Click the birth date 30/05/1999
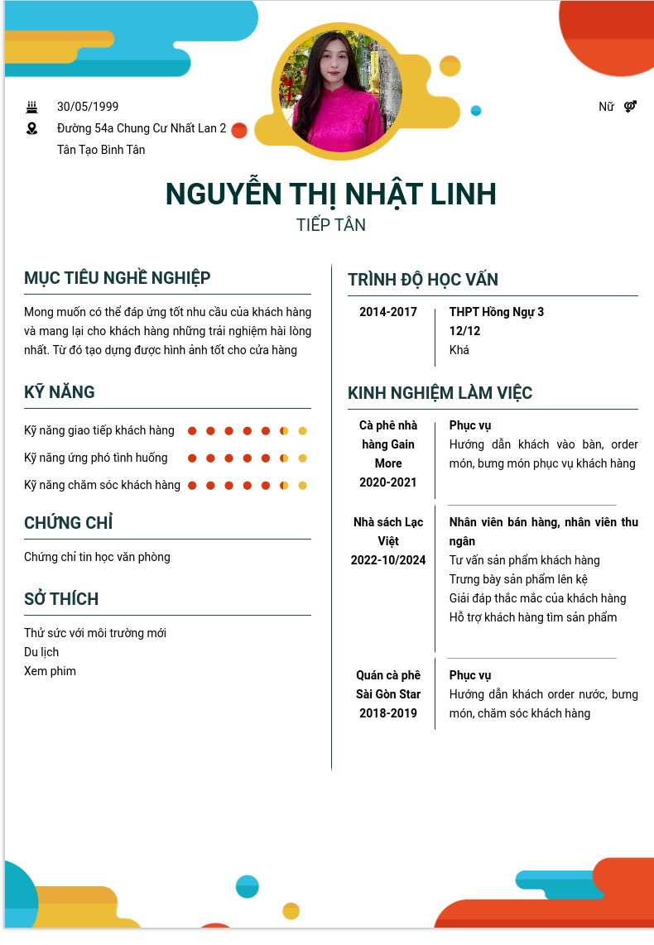[x=88, y=107]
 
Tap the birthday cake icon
[x=32, y=107]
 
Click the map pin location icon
[x=32, y=128]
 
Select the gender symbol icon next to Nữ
[x=630, y=107]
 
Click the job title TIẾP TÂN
[x=331, y=225]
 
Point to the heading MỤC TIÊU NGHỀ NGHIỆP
[x=118, y=278]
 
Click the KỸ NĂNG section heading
[x=60, y=392]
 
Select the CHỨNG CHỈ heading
[x=69, y=523]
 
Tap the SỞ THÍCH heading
[x=61, y=599]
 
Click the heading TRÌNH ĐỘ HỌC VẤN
[x=423, y=280]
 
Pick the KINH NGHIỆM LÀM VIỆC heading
[x=440, y=393]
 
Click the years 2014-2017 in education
[x=388, y=313]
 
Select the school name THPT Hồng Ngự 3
[x=497, y=313]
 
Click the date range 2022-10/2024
[x=388, y=560]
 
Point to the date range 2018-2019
[x=388, y=713]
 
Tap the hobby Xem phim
[x=50, y=671]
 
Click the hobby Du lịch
[x=41, y=652]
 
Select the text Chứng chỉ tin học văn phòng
[x=97, y=557]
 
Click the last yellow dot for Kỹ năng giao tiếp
[x=303, y=431]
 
